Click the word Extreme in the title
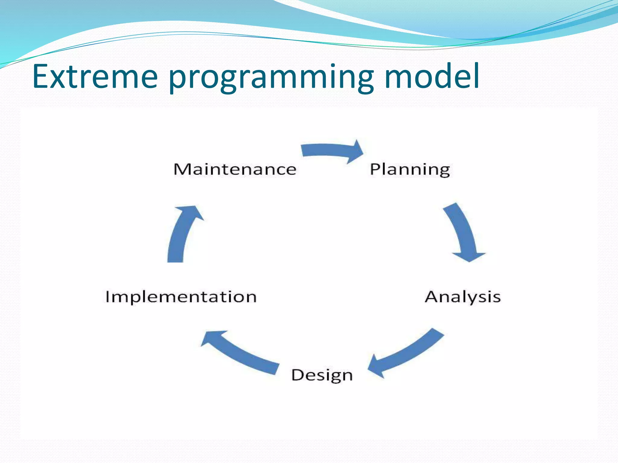[95, 77]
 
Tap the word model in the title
[432, 77]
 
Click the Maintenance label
[235, 169]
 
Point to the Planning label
[410, 169]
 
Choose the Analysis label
[463, 297]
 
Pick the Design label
[322, 376]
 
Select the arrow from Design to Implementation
[241, 353]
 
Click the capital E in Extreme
[40, 77]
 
